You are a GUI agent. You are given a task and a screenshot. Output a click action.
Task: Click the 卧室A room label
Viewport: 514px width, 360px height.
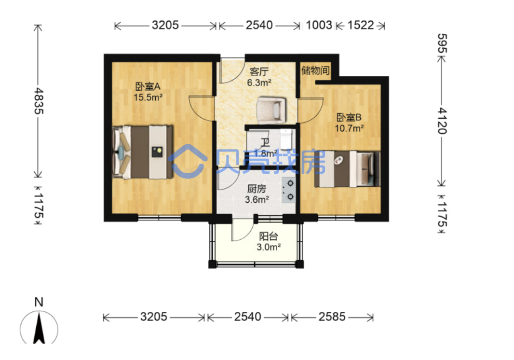click(148, 87)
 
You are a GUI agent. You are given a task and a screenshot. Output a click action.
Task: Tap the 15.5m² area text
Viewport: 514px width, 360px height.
click(148, 97)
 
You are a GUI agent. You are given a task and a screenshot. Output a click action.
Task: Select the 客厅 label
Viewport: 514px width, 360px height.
click(259, 72)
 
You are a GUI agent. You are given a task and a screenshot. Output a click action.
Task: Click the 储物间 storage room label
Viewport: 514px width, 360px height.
click(315, 70)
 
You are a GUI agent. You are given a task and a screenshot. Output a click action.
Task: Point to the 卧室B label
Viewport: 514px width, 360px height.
click(349, 117)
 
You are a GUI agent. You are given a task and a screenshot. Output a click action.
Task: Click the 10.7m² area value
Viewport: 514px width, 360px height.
click(349, 128)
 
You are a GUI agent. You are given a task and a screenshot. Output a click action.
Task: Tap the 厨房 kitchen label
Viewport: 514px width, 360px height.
click(257, 189)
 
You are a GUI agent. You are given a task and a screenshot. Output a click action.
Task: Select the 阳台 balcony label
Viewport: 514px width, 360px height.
click(269, 236)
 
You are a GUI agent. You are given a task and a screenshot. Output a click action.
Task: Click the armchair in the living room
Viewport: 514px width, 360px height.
click(272, 110)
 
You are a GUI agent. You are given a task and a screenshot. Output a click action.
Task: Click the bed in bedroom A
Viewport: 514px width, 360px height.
click(143, 152)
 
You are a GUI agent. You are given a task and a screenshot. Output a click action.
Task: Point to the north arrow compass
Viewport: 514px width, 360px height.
click(39, 328)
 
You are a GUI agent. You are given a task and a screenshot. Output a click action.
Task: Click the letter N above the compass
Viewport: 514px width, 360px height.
click(39, 302)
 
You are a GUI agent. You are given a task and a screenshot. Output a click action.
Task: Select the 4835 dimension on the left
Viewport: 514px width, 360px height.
click(39, 101)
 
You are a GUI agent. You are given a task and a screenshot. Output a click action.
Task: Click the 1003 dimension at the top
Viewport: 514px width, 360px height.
click(319, 25)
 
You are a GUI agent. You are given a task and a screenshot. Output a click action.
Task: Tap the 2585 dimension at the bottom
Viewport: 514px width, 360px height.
click(332, 317)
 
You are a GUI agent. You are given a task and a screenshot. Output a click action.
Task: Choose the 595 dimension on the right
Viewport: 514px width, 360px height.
click(442, 43)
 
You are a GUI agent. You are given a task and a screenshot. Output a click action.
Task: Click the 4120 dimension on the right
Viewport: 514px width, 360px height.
click(442, 121)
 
